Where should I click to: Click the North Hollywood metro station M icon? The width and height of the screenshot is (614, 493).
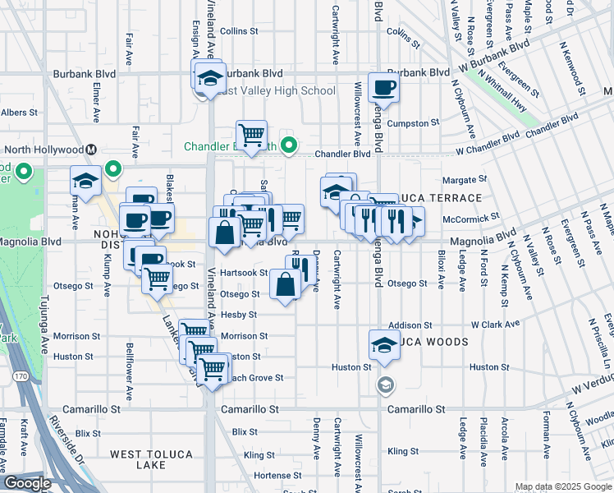pyautogui.click(x=91, y=150)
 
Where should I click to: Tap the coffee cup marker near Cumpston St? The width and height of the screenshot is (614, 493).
pyautogui.click(x=383, y=86)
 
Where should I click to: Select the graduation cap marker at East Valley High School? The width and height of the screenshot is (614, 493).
pyautogui.click(x=208, y=77)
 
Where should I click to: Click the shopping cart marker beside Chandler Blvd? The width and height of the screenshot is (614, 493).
pyautogui.click(x=251, y=133)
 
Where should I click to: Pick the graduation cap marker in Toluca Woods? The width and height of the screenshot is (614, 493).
pyautogui.click(x=383, y=344)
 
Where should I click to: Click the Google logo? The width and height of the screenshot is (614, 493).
pyautogui.click(x=26, y=483)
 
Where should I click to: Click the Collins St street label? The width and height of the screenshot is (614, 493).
pyautogui.click(x=239, y=31)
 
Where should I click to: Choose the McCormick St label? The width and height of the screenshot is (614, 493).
pyautogui.click(x=471, y=218)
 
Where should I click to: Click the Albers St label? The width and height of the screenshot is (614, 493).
pyautogui.click(x=15, y=113)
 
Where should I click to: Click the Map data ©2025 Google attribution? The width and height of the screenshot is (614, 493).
pyautogui.click(x=562, y=486)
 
